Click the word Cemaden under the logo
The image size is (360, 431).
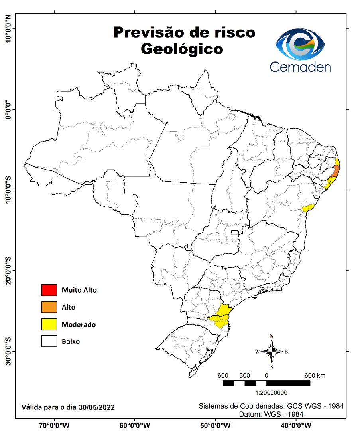(300, 67)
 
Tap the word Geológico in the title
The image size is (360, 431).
(181, 49)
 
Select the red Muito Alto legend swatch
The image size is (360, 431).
(49, 290)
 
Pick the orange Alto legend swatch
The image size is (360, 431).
(49, 307)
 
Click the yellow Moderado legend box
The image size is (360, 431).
(49, 324)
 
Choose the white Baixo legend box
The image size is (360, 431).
(49, 342)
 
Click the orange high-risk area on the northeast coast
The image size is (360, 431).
(336, 171)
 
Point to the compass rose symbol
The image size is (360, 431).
(272, 352)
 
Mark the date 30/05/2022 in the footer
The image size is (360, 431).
(96, 407)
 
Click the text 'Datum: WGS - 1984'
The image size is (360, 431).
(271, 414)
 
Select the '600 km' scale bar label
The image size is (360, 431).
(315, 376)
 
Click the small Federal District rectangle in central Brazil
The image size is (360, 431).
(235, 232)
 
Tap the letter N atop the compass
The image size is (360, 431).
(272, 336)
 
